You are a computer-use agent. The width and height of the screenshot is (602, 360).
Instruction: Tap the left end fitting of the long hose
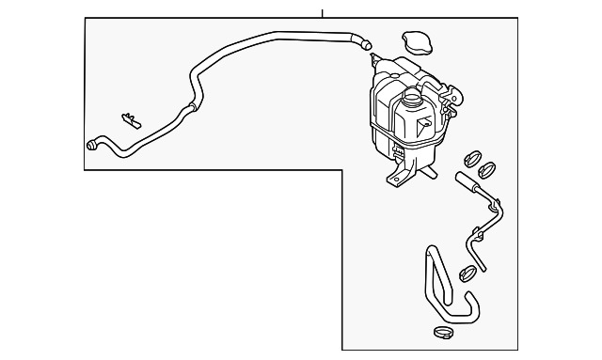coord(92,144)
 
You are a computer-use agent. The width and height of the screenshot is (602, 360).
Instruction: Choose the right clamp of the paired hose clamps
coord(489,170)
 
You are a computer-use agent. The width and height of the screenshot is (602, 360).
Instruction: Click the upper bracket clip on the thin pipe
coord(497,202)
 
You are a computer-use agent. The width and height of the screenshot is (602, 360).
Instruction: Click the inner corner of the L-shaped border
coord(342,170)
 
